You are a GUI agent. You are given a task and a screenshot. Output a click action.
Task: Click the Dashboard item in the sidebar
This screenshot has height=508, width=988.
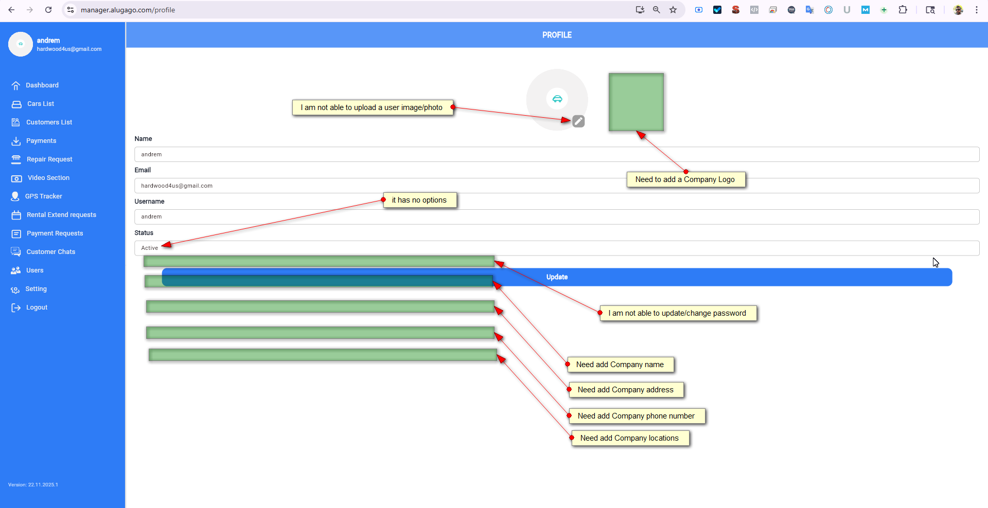pos(42,85)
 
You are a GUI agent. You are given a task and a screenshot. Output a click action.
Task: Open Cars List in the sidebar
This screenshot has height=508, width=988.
pos(40,104)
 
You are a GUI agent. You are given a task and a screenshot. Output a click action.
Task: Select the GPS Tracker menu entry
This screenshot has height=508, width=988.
pos(43,196)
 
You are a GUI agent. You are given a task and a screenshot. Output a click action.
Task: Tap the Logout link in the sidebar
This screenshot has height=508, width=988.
pos(37,307)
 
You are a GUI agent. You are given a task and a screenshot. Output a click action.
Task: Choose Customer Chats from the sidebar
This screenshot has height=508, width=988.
pos(50,252)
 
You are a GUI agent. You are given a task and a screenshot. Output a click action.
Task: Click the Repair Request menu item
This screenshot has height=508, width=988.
pos(49,159)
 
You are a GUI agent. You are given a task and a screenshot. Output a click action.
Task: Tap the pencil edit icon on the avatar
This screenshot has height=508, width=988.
pos(578,121)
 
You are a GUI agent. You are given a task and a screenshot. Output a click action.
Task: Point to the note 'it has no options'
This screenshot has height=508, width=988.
pos(419,200)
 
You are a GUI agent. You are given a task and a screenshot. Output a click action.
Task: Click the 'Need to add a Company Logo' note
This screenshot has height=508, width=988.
pos(685,179)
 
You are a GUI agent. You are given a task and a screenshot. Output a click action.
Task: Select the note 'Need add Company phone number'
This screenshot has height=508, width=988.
pos(636,416)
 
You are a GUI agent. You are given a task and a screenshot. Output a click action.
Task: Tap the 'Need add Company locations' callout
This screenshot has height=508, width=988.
pos(629,438)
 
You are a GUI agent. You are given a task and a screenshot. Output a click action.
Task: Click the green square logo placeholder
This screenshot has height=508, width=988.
pos(636,102)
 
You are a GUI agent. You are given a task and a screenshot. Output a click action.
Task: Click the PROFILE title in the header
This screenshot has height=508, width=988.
pos(557,35)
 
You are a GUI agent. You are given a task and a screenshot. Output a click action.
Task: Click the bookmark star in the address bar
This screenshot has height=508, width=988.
pos(673,10)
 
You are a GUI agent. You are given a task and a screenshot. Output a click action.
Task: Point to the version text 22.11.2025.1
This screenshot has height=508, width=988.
pos(33,485)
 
